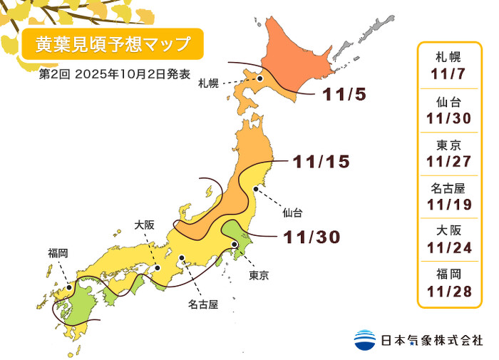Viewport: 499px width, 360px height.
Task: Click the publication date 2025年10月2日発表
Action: point(134,74)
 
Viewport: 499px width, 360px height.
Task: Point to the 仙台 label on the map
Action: point(292,212)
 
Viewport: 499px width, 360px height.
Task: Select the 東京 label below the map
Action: point(259,275)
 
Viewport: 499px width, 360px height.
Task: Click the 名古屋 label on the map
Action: point(203,304)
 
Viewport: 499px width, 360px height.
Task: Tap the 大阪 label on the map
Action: point(145,225)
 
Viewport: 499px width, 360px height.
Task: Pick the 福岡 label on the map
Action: point(58,252)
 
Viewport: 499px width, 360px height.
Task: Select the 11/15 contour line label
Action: point(321,162)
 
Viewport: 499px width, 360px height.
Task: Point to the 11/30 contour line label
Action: point(312,237)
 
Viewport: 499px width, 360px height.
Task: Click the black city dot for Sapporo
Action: point(261,79)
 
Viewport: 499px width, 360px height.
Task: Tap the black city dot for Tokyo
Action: point(235,245)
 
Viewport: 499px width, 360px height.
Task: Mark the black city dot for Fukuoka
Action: point(68,288)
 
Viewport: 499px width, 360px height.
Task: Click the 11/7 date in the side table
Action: point(450,73)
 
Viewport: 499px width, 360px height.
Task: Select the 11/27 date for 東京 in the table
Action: point(450,162)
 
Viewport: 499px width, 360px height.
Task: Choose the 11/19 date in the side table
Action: point(450,206)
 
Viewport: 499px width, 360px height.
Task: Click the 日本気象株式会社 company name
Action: point(431,340)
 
